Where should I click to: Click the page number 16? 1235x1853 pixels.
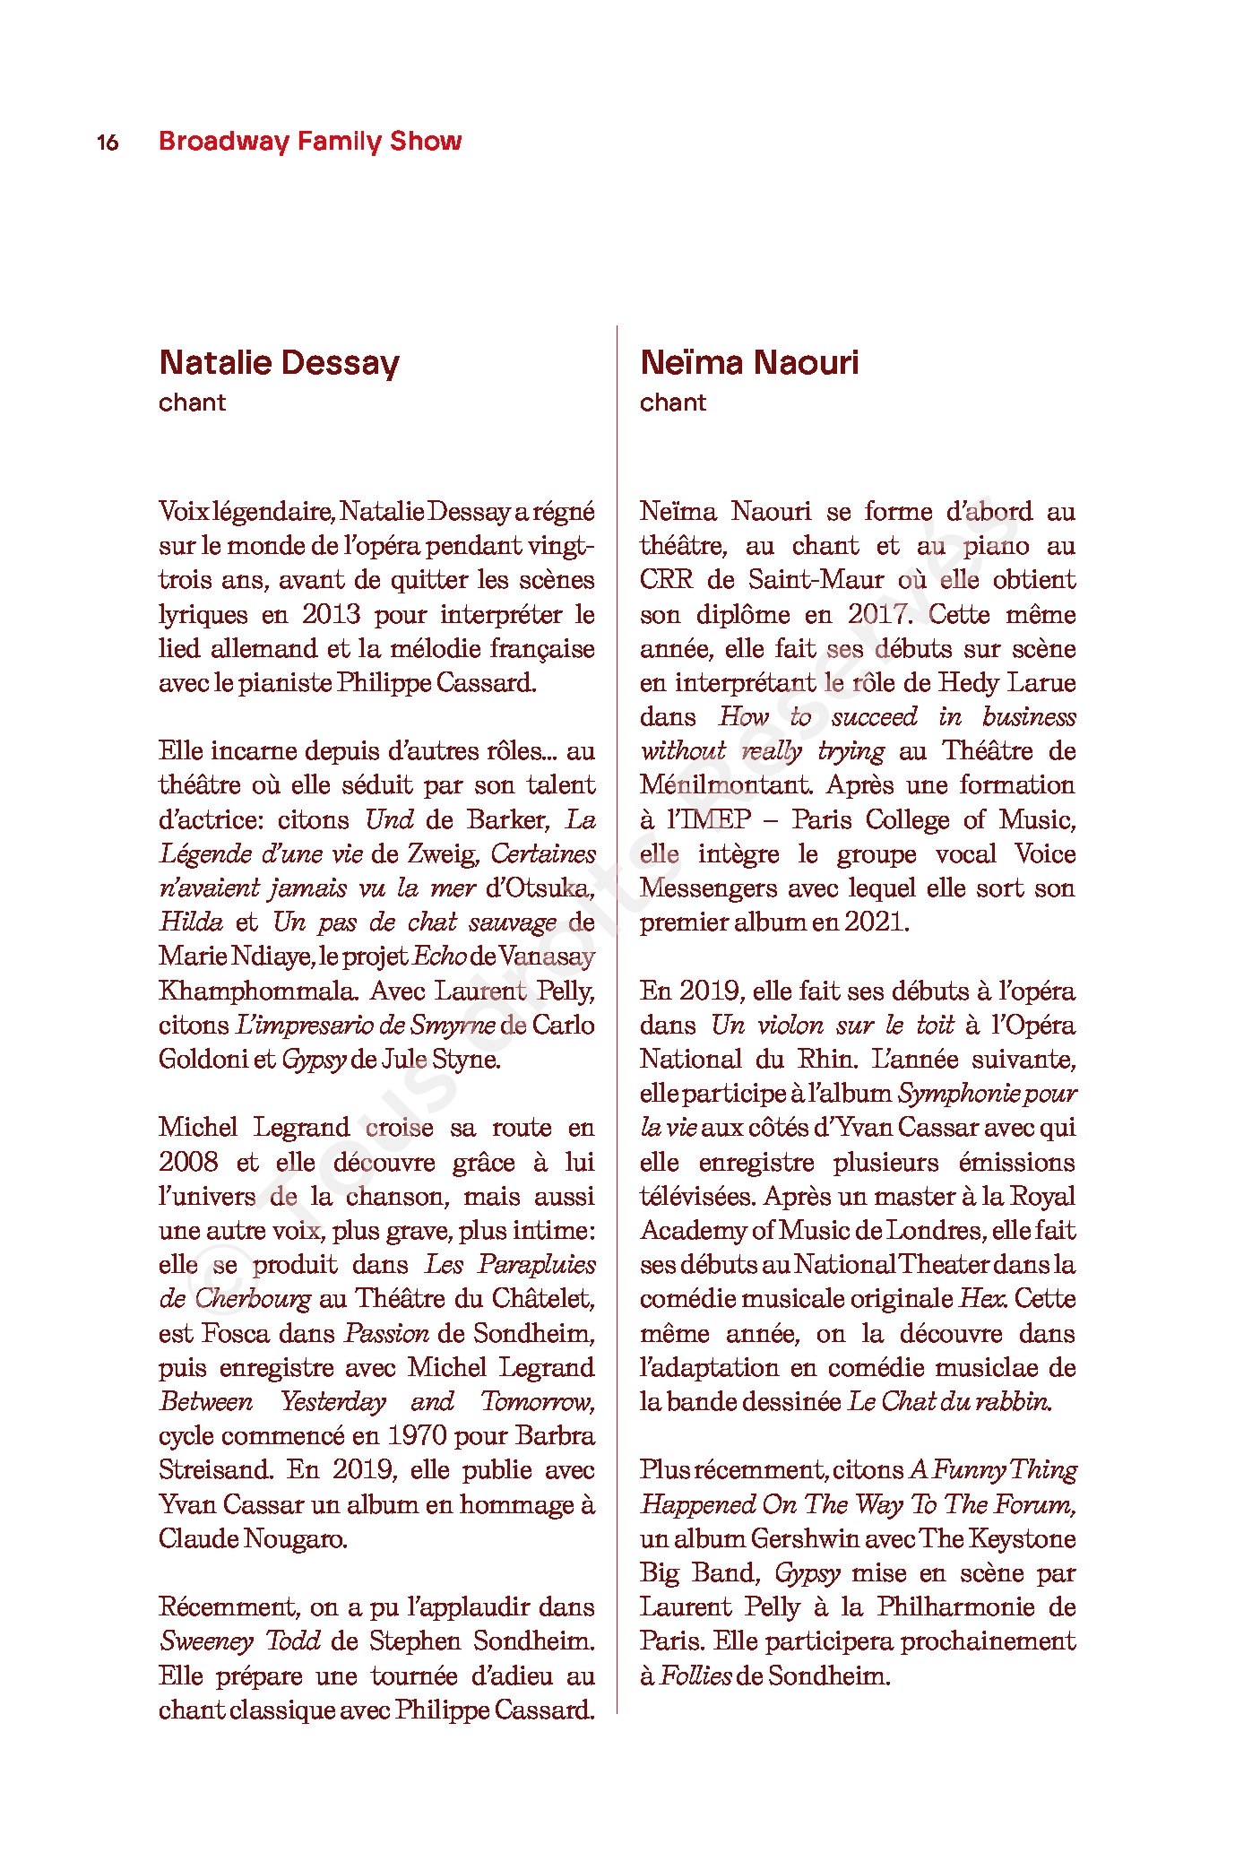(x=108, y=143)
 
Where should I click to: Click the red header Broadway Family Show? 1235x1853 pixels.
(x=310, y=142)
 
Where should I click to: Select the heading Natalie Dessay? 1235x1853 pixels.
(x=279, y=363)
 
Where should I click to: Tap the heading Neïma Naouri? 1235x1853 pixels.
(x=749, y=363)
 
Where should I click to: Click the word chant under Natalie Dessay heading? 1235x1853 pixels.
(x=192, y=403)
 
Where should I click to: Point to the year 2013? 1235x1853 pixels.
(x=331, y=615)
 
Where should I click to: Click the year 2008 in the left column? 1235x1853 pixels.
(x=188, y=1163)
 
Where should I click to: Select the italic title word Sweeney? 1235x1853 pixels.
(x=207, y=1641)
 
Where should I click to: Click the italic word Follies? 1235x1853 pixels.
(x=695, y=1675)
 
